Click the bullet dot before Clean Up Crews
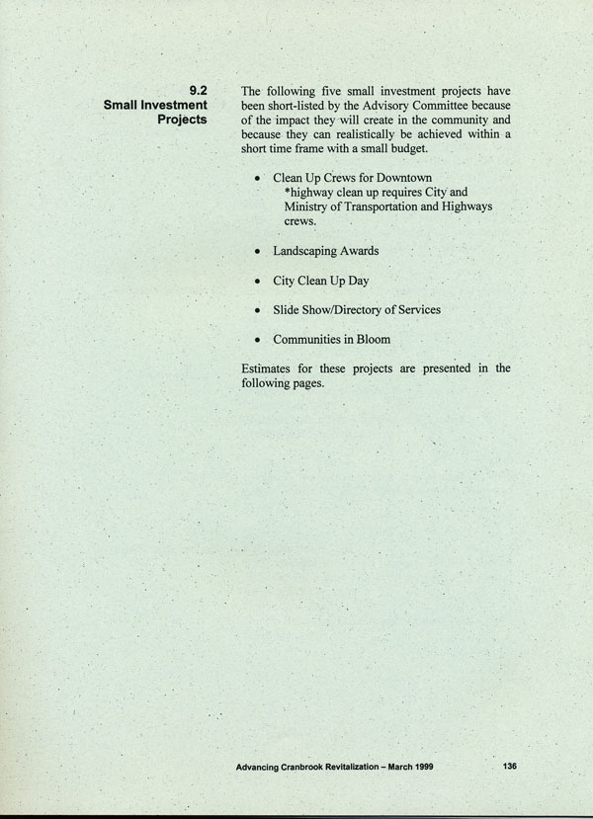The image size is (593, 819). [x=257, y=179]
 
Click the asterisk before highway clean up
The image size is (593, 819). [x=287, y=193]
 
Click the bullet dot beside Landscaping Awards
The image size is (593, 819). [x=257, y=252]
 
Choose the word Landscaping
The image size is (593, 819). [x=308, y=252]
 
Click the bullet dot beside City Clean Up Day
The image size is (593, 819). [x=257, y=282]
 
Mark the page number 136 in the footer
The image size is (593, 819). [x=510, y=766]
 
